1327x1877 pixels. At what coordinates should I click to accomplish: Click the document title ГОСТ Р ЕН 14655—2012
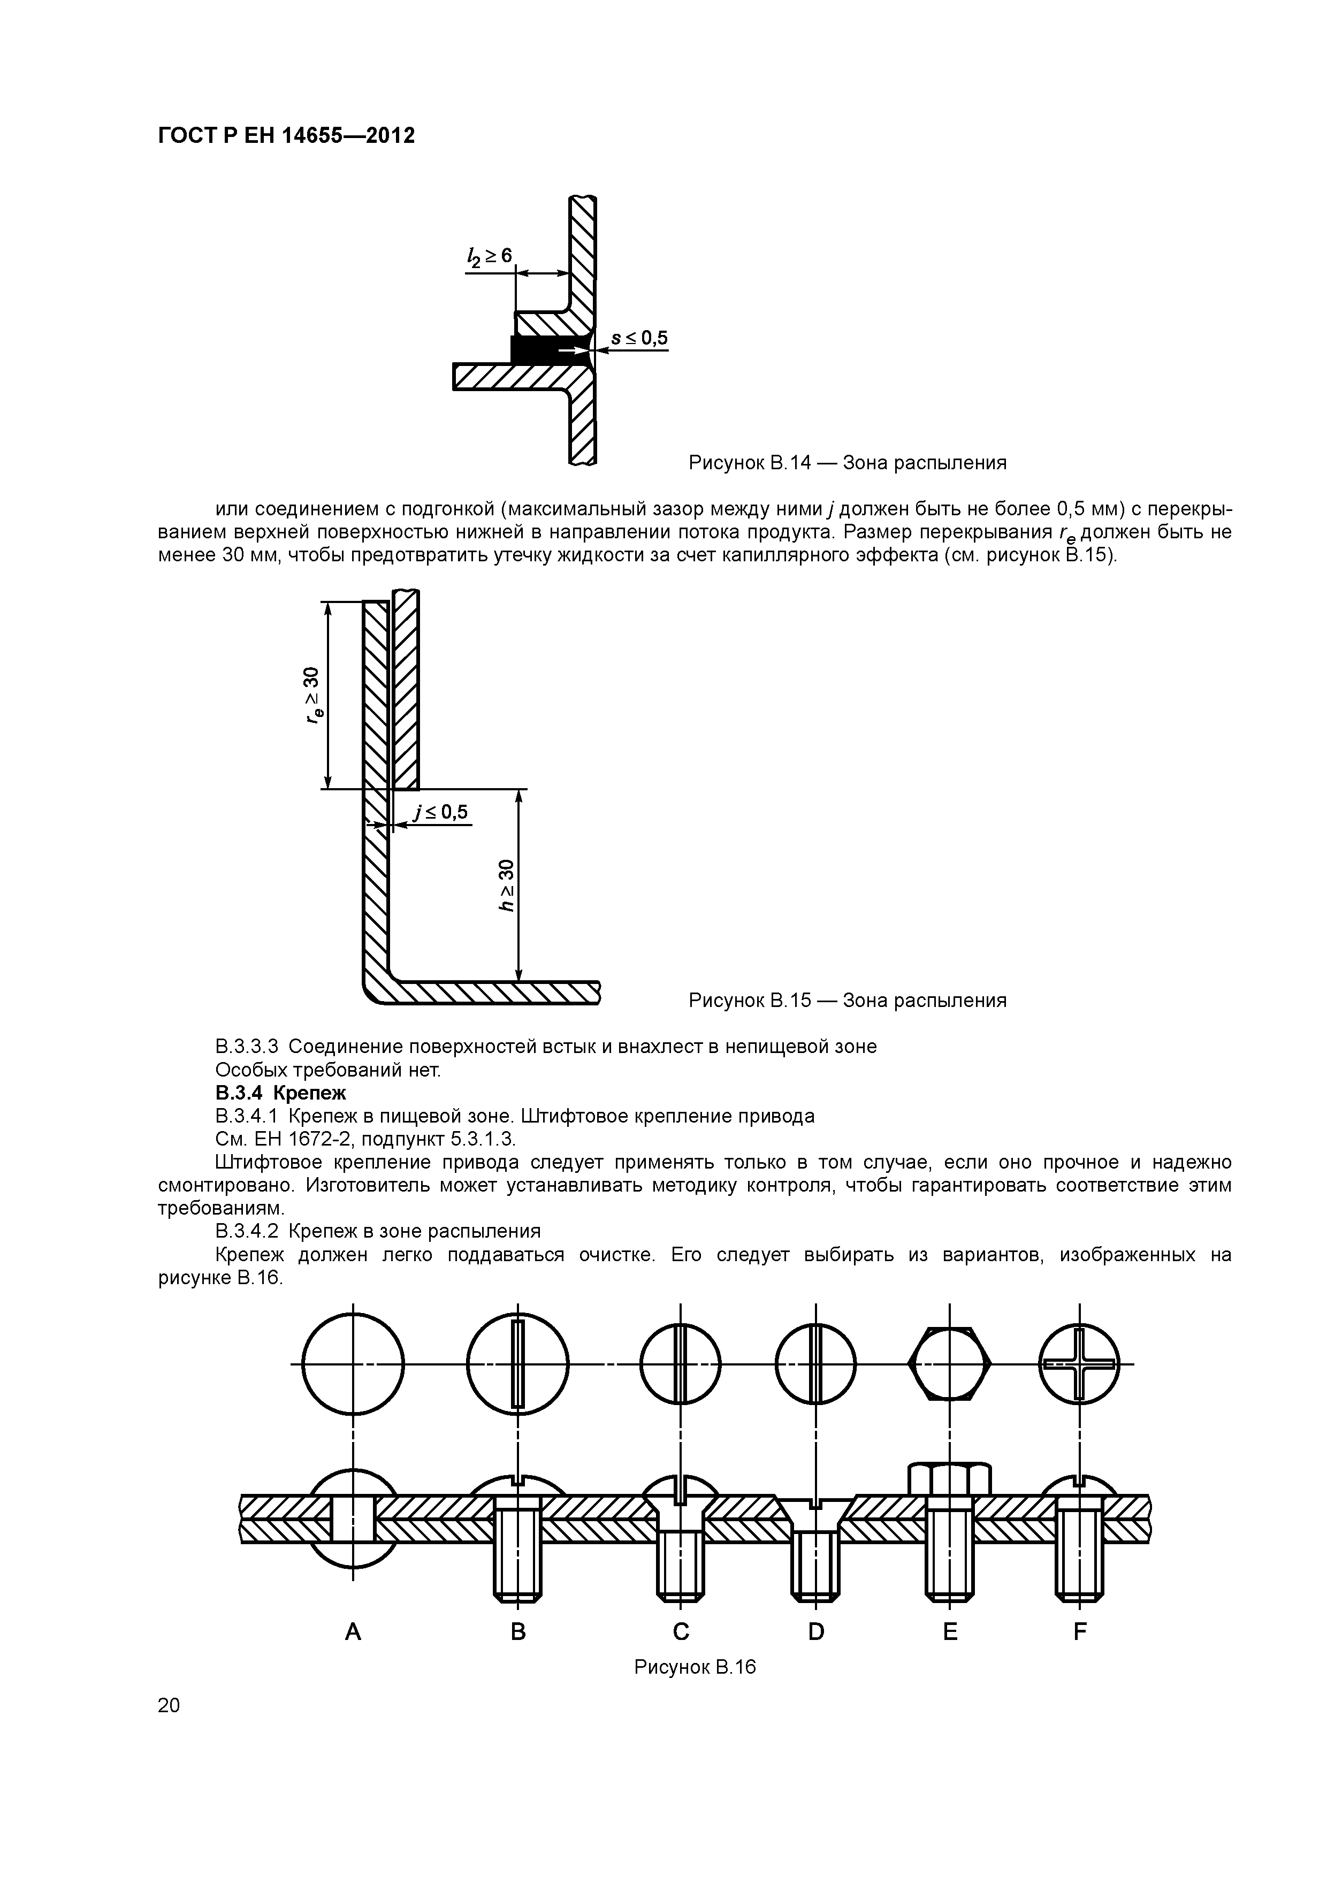pyautogui.click(x=286, y=135)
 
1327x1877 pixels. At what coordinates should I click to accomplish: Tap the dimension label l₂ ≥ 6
pyautogui.click(x=489, y=257)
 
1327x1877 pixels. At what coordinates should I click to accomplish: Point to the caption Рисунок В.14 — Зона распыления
pyautogui.click(x=847, y=463)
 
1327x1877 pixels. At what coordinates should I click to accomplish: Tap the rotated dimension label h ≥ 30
pyautogui.click(x=507, y=886)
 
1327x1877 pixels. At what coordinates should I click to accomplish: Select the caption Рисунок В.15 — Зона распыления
pyautogui.click(x=847, y=1000)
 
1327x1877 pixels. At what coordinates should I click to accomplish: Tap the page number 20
pyautogui.click(x=169, y=1705)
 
